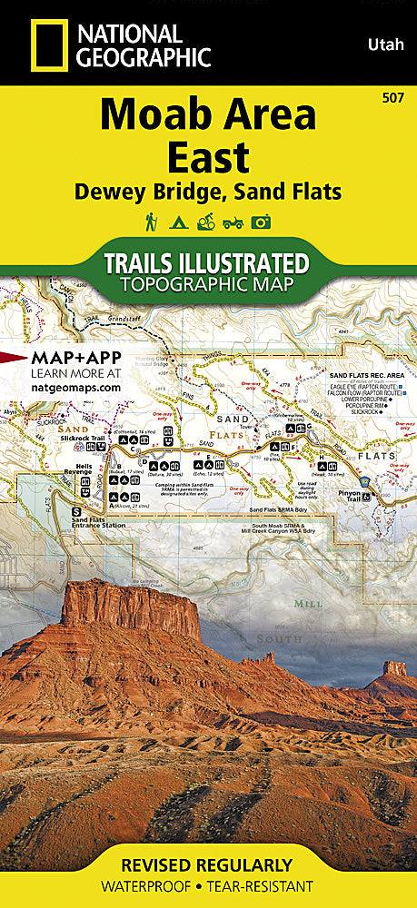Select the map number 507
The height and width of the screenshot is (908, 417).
click(395, 97)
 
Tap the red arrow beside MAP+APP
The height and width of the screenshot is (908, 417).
click(12, 357)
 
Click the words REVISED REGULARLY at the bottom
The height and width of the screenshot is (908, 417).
click(208, 865)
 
